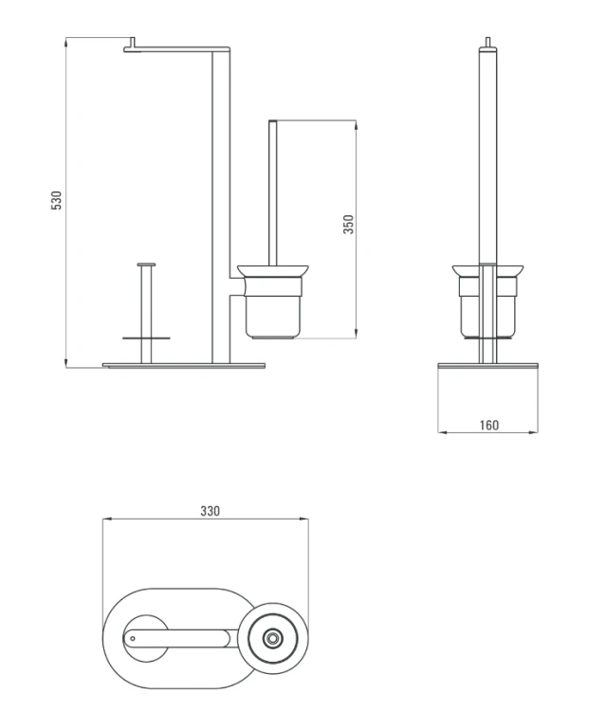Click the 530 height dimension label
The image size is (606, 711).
tap(56, 200)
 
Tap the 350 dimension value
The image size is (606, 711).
tap(348, 225)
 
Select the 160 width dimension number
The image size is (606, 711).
tap(489, 426)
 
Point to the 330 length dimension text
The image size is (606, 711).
tap(210, 511)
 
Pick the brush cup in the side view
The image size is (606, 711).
tap(487, 301)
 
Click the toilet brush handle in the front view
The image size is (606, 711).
tap(272, 192)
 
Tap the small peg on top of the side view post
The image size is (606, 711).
tap(488, 42)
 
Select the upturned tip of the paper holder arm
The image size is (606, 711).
tap(133, 42)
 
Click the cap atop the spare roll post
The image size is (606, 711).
tap(146, 264)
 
